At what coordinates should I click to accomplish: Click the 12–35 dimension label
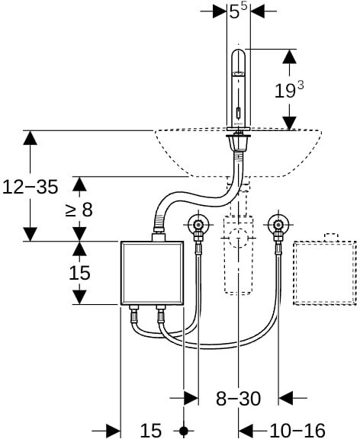[x=31, y=187]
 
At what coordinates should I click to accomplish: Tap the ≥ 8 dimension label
[x=79, y=210]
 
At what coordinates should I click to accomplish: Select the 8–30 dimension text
[x=238, y=399]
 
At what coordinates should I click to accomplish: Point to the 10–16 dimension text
[x=297, y=430]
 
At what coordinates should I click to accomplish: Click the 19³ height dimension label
[x=289, y=90]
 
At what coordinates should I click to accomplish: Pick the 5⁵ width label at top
[x=239, y=11]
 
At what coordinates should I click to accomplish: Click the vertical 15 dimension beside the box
[x=79, y=273]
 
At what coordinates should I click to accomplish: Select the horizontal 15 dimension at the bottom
[x=151, y=430]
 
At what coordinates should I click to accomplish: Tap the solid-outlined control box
[x=152, y=273]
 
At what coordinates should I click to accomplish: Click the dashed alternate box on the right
[x=325, y=273]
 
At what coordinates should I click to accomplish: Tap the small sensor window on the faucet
[x=239, y=113]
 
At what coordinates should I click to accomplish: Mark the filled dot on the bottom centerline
[x=184, y=431]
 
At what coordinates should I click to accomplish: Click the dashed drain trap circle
[x=238, y=238]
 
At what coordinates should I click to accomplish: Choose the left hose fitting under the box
[x=133, y=315]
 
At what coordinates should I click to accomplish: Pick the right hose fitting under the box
[x=161, y=315]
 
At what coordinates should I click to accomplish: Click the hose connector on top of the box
[x=159, y=236]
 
